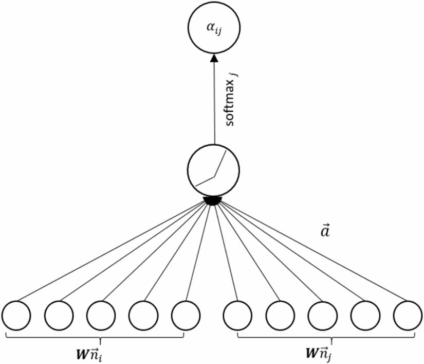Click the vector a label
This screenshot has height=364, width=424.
coord(325,231)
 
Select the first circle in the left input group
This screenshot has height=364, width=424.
coord(16,315)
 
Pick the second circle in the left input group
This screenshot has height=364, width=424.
coord(59,315)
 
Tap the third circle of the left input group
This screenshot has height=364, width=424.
coord(101,315)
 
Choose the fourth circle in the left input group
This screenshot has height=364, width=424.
coord(143,315)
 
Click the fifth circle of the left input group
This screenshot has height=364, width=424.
coord(186,315)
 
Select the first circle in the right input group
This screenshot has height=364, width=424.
coord(237,315)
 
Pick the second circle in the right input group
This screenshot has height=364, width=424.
coord(280,315)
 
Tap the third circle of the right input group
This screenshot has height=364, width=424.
coord(322,315)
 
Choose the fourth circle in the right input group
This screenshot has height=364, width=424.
coord(365,315)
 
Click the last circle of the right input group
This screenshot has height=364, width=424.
coord(407,315)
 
